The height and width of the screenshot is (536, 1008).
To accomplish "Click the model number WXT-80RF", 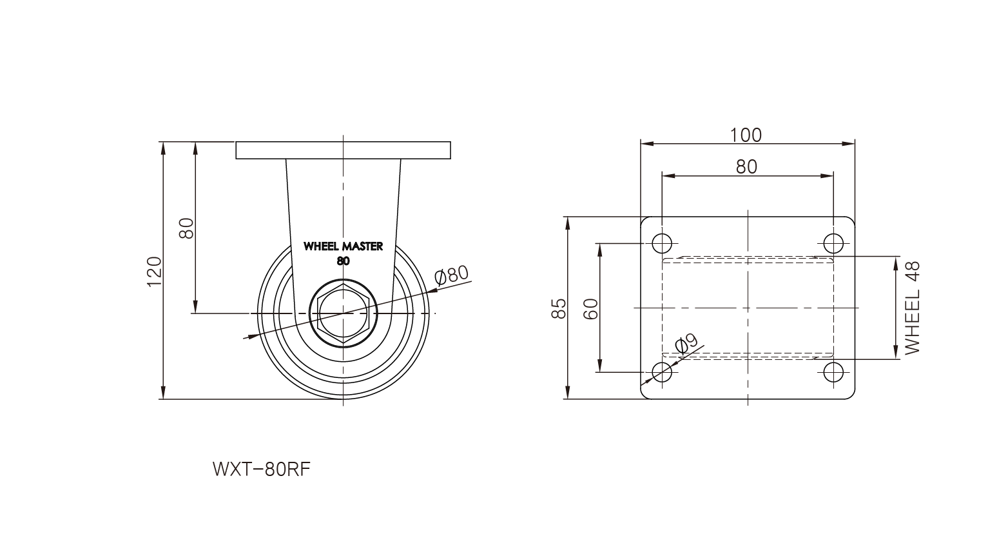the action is click(262, 470).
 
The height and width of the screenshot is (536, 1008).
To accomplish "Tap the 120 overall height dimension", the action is click(154, 271).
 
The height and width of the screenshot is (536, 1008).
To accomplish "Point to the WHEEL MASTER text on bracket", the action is click(343, 246).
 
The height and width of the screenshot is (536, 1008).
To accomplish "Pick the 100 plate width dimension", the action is click(746, 135).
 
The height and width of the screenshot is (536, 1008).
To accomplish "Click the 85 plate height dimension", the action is click(559, 308).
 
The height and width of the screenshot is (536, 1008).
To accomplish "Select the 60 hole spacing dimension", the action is click(591, 308).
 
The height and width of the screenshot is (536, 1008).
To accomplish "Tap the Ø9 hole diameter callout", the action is click(686, 344).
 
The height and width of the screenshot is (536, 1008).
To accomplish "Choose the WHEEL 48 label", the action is click(912, 308).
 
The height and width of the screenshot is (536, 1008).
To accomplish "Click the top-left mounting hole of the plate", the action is click(661, 244).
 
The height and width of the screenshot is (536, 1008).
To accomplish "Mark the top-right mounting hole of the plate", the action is click(833, 244).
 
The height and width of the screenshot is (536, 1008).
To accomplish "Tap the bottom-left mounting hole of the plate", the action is click(661, 372).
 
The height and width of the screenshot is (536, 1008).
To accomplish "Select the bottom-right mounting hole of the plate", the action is click(833, 372).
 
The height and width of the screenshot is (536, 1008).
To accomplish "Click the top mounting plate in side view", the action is click(343, 150).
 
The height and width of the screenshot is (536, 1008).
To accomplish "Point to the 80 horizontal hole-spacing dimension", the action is click(746, 167).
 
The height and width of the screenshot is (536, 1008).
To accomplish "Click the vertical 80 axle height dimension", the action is click(186, 228).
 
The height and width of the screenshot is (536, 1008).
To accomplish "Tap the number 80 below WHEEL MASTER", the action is click(343, 261).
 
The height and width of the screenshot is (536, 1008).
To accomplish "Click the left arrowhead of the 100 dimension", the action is click(647, 144).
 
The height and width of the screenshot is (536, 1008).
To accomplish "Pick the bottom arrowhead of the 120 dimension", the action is click(163, 392).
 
